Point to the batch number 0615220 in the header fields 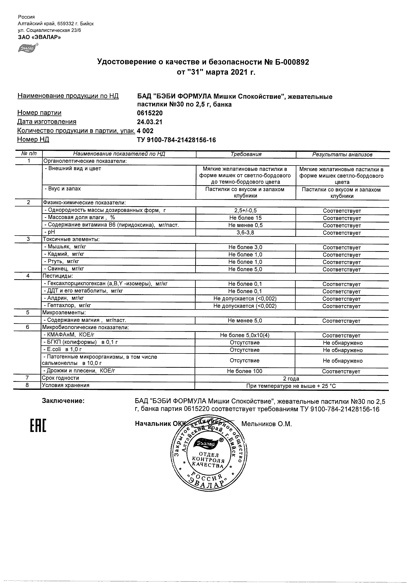(x=150, y=113)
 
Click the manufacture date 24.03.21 (x=150, y=122)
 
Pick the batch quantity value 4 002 (x=145, y=131)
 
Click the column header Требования (x=246, y=154)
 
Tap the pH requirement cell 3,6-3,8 (x=245, y=232)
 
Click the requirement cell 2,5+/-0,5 (x=245, y=210)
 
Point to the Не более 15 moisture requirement (x=245, y=218)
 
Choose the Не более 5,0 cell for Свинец (x=245, y=269)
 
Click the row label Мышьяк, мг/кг (x=66, y=247)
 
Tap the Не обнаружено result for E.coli (x=342, y=350)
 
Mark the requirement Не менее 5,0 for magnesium (x=245, y=321)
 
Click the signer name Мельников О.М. (x=266, y=424)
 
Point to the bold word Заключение (x=63, y=401)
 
